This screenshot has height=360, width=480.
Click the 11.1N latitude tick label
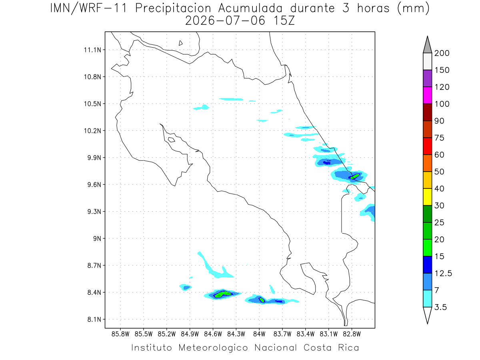click(92, 50)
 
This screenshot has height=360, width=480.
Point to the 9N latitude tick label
click(97, 238)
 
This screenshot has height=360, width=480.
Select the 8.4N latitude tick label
click(94, 292)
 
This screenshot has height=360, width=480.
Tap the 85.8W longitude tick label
click(120, 334)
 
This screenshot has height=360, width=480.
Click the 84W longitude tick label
click(259, 334)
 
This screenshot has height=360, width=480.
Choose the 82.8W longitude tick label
click(352, 334)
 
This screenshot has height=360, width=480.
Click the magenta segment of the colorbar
click(427, 95)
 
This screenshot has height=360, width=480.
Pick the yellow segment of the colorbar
click(427, 197)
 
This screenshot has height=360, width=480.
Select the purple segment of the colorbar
click(427, 78)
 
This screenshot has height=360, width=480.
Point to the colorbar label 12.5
click(443, 273)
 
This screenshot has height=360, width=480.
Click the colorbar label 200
click(442, 53)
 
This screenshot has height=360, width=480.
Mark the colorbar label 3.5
click(440, 307)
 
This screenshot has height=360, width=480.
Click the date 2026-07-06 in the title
click(225, 21)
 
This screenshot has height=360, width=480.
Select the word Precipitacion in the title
click(173, 8)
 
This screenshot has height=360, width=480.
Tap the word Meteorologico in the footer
click(213, 348)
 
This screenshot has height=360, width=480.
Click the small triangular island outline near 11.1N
click(180, 43)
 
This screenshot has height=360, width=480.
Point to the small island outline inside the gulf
click(172, 140)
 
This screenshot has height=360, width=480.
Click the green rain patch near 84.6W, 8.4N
click(223, 294)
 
